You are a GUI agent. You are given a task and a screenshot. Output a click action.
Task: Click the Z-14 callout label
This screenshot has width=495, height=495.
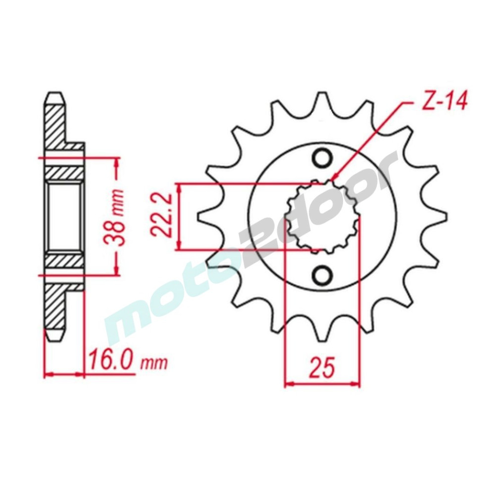point(444,101)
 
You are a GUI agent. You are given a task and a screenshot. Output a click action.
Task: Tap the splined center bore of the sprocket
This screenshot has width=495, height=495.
point(322,217)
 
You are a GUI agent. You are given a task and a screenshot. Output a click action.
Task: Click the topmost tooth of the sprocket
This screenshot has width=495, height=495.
point(322,101)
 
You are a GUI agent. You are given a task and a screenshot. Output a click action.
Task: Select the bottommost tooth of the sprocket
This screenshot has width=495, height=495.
point(322,332)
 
